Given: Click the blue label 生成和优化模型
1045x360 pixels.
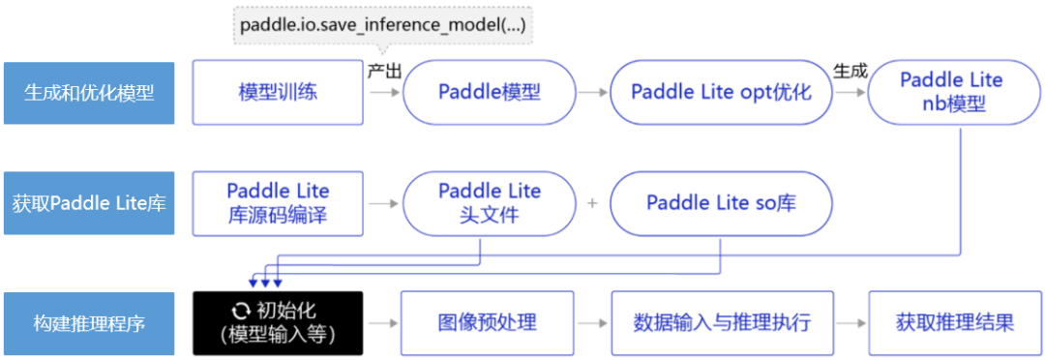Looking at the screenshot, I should point(89,93).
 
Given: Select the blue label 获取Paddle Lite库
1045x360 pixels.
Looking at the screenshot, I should point(89,203).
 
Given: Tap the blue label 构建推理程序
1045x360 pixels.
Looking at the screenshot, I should point(89,323).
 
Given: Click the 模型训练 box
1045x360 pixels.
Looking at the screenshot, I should point(278,93).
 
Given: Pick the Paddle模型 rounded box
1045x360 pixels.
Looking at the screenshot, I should point(489,93).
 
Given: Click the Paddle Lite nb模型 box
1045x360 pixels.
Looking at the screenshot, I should point(951,93).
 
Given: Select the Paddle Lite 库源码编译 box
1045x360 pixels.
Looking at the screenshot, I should point(278,203).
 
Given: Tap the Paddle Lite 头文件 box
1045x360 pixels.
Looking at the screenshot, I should point(489,203).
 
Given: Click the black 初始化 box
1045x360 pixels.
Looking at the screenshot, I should point(278,323).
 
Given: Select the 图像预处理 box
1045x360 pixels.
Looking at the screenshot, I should point(489,323).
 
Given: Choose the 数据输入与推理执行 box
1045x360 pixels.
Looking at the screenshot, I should point(721,323).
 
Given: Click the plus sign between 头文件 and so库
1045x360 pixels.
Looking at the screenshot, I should point(593,203).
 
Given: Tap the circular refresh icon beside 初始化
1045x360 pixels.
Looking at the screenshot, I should point(238,311).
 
